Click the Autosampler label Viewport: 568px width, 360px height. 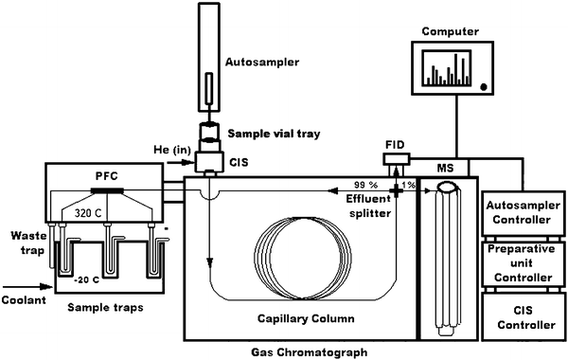[x=262, y=63]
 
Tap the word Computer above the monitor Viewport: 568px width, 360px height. [x=451, y=31]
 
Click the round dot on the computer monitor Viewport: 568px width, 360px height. [x=483, y=86]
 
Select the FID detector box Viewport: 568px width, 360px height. [x=397, y=159]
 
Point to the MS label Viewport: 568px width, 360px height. [x=445, y=169]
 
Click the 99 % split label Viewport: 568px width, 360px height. [x=365, y=185]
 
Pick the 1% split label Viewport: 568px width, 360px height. [x=408, y=185]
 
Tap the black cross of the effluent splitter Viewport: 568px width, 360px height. [x=396, y=190]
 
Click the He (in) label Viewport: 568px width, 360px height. [x=172, y=150]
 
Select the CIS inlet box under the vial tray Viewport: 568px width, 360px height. [x=209, y=162]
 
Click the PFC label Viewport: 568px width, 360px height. [x=106, y=176]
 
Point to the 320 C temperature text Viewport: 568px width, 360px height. [x=88, y=213]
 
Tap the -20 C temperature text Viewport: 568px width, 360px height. [x=86, y=280]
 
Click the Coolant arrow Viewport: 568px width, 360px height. [x=28, y=287]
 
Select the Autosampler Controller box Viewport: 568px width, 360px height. [x=524, y=213]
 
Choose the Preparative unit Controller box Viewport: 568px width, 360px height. [x=524, y=264]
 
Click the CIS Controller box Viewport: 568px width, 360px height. [x=524, y=316]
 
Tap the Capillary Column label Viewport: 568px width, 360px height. [x=306, y=318]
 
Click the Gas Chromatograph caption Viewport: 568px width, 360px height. [x=309, y=352]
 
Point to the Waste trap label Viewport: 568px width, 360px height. [x=29, y=243]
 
